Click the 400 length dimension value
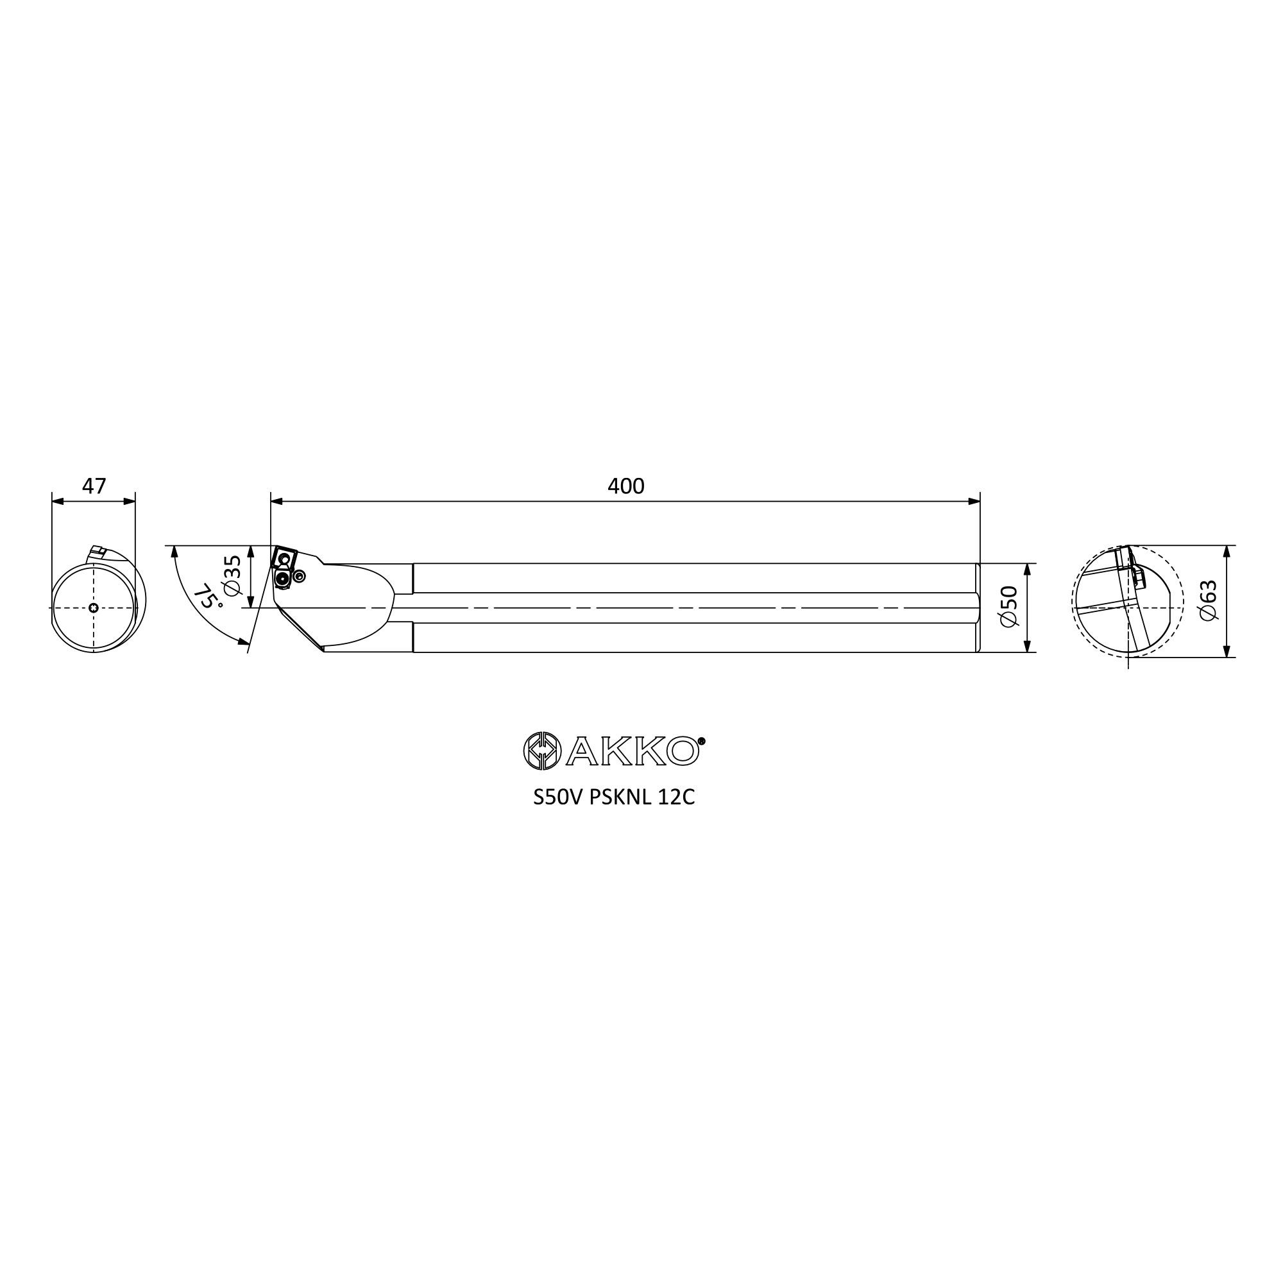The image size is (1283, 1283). click(x=625, y=487)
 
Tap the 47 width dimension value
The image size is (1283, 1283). click(x=94, y=487)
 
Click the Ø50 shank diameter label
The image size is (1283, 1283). click(x=1008, y=606)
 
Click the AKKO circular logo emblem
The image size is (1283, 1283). click(x=542, y=751)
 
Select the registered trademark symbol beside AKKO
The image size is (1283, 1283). click(x=702, y=740)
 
